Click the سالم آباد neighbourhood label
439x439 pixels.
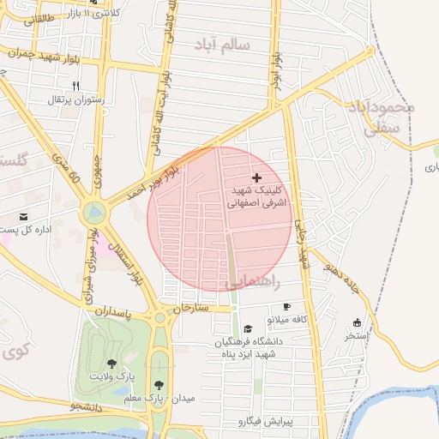point(223,45)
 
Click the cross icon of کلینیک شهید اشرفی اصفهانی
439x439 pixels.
point(256,177)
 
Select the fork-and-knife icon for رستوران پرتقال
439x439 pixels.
point(75,86)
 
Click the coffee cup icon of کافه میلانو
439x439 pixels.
point(286,306)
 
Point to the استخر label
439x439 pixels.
point(356,335)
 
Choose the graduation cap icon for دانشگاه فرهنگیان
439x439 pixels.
point(248,329)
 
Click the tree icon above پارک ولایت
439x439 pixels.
point(111,364)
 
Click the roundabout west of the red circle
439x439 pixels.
point(94,211)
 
